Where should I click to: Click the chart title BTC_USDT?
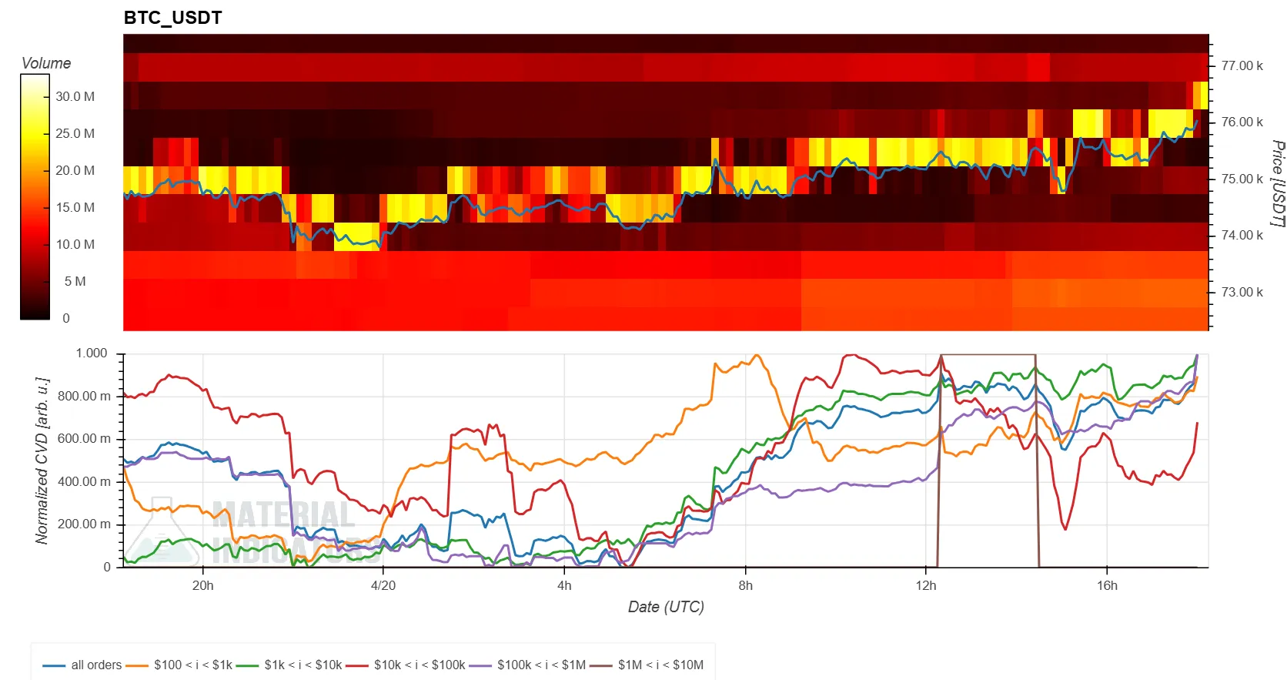pos(172,18)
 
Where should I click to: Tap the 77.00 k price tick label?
pos(1242,66)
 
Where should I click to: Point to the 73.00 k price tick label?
pos(1242,293)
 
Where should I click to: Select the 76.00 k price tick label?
pos(1242,122)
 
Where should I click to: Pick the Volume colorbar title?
pos(46,63)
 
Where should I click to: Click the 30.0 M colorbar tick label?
pos(75,97)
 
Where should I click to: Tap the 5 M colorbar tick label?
pos(75,282)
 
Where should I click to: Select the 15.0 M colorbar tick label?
pos(75,208)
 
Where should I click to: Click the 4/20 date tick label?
pos(383,586)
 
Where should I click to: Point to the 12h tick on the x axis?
pos(926,586)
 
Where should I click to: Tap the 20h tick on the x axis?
pos(203,586)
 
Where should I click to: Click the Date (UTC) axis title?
pos(666,607)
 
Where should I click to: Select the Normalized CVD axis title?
pos(42,461)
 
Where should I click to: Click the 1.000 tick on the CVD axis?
pos(91,353)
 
